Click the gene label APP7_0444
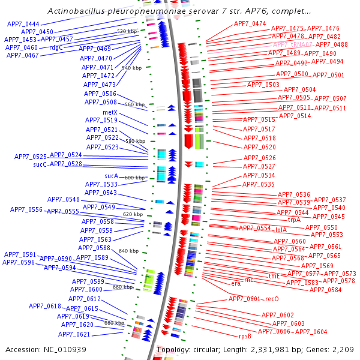coord(23,24)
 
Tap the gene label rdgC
coord(56,47)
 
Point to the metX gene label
coord(110,112)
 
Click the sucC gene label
coord(40,164)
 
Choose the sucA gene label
coord(112,176)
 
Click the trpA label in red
coord(294,220)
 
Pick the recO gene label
coord(272,299)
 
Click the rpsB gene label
coord(245,336)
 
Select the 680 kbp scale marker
coord(114,323)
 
